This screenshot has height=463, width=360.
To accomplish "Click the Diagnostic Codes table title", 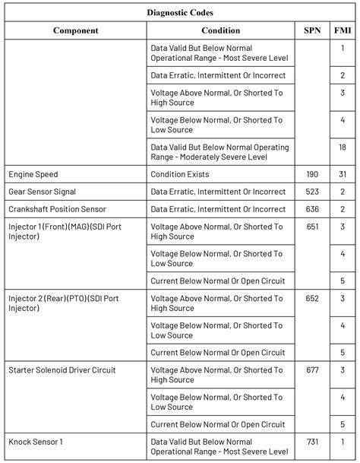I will [x=180, y=12].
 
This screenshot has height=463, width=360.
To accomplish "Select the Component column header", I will [x=75, y=30].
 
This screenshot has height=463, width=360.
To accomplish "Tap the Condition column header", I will [x=220, y=30].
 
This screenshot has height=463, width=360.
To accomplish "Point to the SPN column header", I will [x=311, y=30].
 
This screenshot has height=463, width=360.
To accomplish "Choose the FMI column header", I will [x=343, y=30].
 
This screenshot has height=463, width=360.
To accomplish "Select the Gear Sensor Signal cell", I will [x=43, y=192].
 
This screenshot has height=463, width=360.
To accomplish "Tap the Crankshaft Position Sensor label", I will [x=58, y=209].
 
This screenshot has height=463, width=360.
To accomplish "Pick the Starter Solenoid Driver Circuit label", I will [x=62, y=370].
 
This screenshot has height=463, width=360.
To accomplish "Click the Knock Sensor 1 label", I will [x=36, y=442].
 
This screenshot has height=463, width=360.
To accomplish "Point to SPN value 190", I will [x=311, y=174].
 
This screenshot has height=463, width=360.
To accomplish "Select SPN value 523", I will [x=311, y=192].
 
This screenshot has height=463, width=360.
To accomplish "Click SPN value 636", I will [x=311, y=209].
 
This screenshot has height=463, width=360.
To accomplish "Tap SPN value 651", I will [x=311, y=227].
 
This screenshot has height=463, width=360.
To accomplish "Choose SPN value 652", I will [x=311, y=299].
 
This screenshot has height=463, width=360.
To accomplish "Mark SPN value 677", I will [x=311, y=370].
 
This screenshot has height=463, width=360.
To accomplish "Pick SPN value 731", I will [x=311, y=442].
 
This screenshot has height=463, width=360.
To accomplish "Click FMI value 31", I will [x=343, y=174].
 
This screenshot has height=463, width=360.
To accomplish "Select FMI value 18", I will [x=343, y=147].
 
